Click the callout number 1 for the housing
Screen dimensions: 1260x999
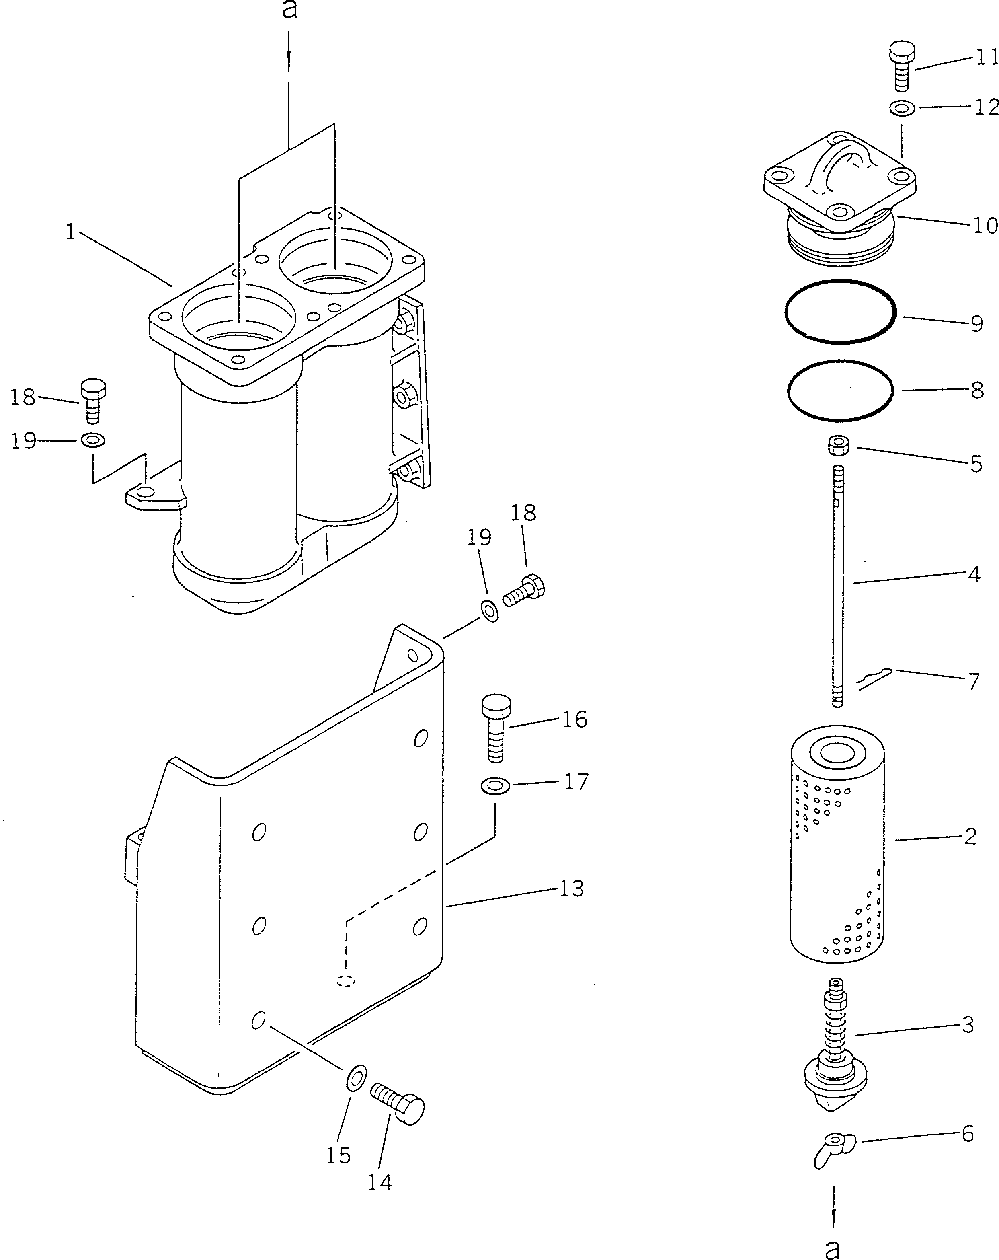[71, 232]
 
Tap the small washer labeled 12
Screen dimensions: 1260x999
[902, 108]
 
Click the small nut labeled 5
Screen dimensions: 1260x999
[838, 446]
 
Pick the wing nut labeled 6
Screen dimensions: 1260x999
[834, 1150]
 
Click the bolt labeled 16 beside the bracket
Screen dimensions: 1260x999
[495, 728]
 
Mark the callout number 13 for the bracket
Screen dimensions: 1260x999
[571, 889]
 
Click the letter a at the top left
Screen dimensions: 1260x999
[289, 10]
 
